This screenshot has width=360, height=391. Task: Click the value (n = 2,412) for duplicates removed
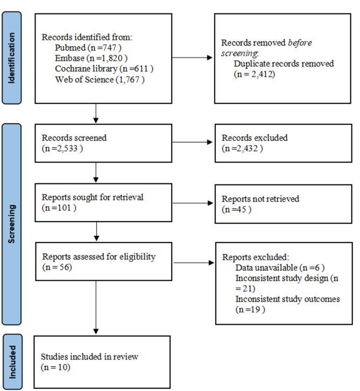[x=255, y=74]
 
